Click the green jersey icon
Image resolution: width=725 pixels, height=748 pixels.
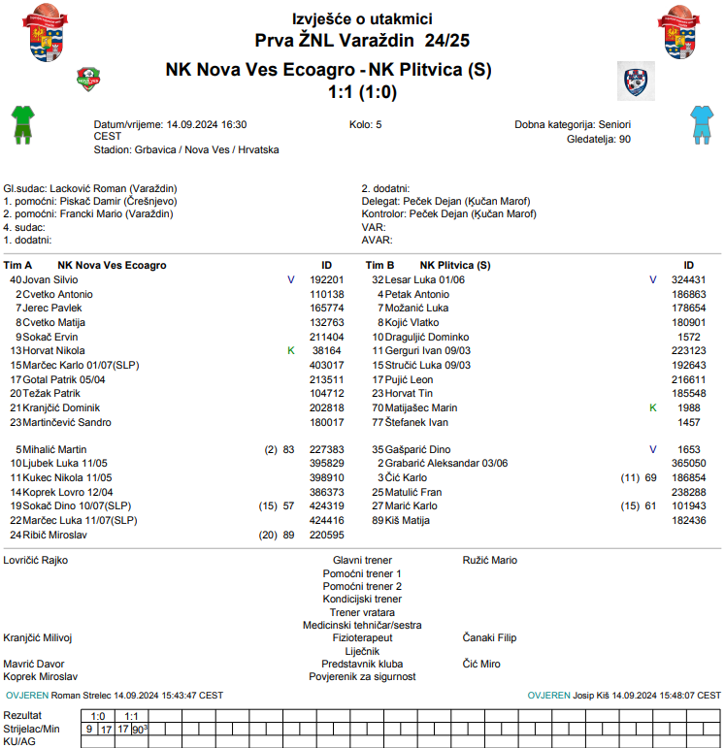[x=22, y=123]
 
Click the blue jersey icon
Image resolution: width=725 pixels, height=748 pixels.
[x=701, y=123]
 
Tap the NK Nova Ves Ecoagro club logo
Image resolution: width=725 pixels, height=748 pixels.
[x=89, y=79]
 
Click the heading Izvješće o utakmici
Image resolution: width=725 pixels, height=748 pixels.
[x=362, y=18]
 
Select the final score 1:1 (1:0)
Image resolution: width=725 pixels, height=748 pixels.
[x=362, y=92]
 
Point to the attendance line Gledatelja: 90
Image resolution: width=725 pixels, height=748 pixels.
[x=598, y=139]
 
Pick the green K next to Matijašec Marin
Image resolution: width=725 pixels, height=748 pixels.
[x=653, y=408]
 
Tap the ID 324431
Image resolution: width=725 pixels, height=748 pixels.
[x=688, y=279]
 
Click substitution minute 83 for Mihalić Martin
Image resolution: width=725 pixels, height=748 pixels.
[x=288, y=450]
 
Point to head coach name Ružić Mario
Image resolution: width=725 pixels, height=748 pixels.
[x=490, y=560]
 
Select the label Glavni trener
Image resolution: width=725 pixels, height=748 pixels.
[x=362, y=560]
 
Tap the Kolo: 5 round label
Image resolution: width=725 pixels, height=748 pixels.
[x=365, y=125]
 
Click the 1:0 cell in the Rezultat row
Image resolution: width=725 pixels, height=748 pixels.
[x=98, y=716]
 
